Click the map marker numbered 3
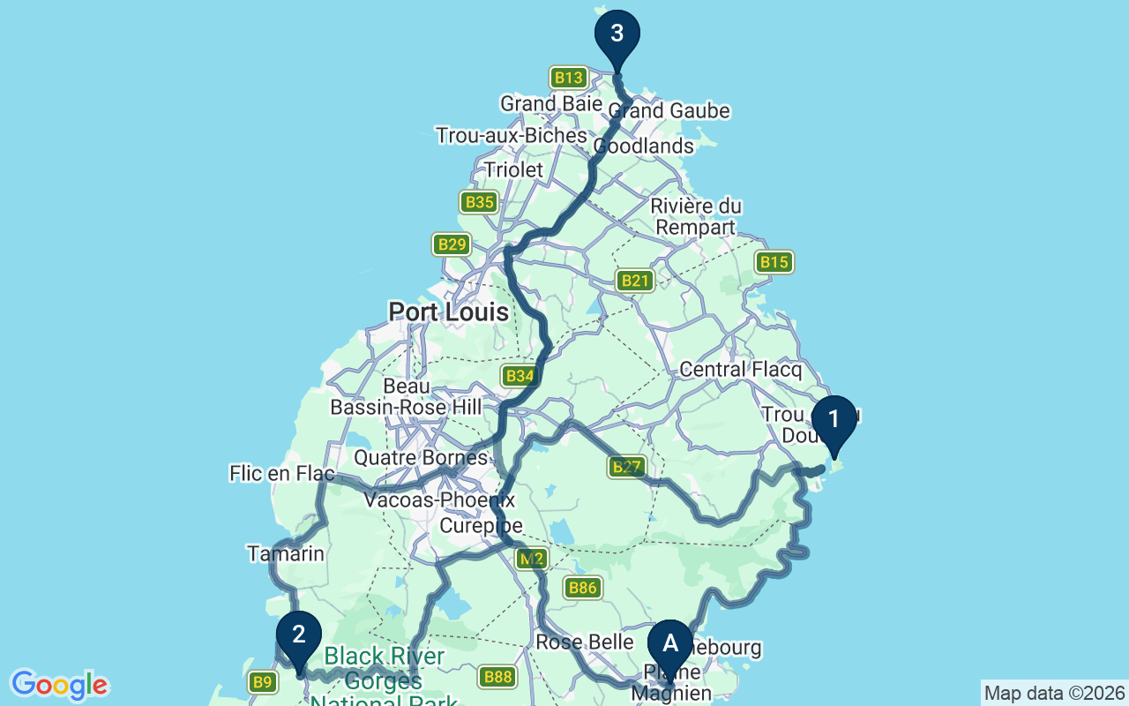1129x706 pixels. coord(617,35)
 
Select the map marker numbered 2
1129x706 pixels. coord(299,636)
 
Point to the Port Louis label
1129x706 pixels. coord(449,312)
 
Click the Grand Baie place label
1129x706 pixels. coord(539,104)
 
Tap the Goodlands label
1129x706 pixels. coord(645,146)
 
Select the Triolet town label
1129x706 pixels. coord(513,169)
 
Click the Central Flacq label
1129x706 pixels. coord(739,369)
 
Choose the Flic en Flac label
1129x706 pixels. coord(281,474)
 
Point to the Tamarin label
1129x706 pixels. coord(286,554)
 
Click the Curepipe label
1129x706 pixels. coord(482,527)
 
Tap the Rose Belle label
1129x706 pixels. coord(585,642)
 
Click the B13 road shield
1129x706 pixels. coord(568,78)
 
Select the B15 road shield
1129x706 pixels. coord(774,262)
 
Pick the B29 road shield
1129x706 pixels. coord(452,244)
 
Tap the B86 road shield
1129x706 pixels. coord(583,588)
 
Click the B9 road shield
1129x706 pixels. coord(262,681)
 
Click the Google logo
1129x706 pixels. coord(59,685)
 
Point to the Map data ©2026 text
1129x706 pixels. coord(1054,693)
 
